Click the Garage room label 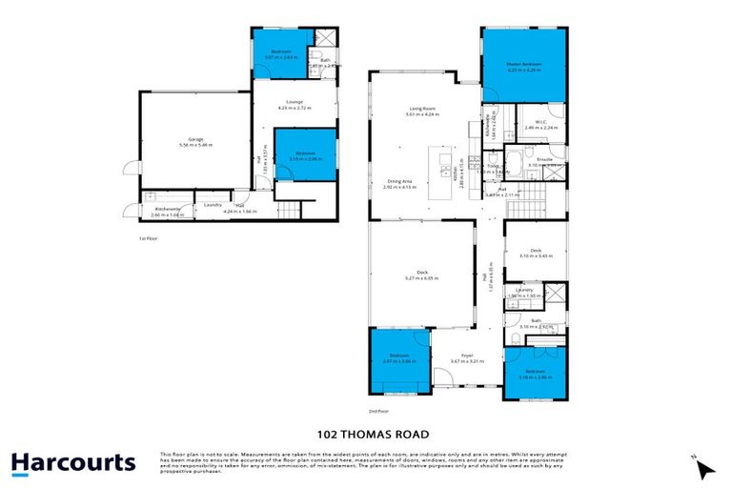pyautogui.click(x=195, y=141)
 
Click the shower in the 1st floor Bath pyautogui.click(x=325, y=39)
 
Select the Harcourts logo pyautogui.click(x=73, y=463)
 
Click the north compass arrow pyautogui.click(x=704, y=469)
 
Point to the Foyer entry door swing pyautogui.click(x=441, y=381)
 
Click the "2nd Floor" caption pyautogui.click(x=382, y=411)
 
